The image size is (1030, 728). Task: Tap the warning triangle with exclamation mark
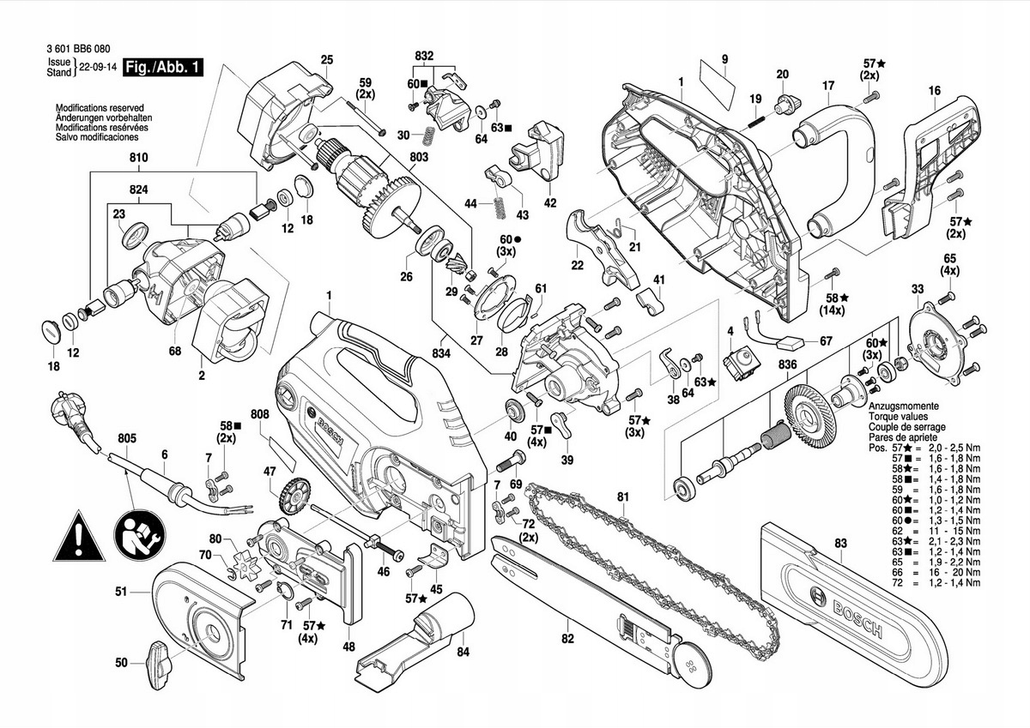tap(79, 537)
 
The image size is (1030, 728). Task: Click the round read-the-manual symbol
tap(139, 535)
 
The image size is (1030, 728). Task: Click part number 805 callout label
tap(127, 438)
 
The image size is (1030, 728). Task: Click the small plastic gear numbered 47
tap(294, 496)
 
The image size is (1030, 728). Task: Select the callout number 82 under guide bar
tap(568, 639)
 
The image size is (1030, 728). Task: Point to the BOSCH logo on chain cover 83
tap(848, 614)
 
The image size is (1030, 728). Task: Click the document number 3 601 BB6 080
tap(79, 49)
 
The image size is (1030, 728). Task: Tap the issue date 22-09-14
tap(98, 67)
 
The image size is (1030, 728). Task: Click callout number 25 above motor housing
tap(327, 60)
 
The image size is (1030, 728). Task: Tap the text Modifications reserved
tap(100, 108)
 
